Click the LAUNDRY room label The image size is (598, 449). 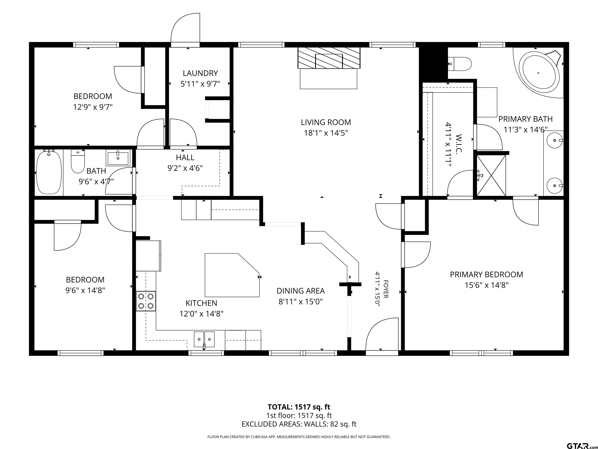pos(200,73)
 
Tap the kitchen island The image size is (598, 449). pos(232,275)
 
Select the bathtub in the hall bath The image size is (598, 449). pos(49,172)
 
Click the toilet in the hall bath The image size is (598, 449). pos(78,162)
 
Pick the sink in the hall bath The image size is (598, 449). pos(118,157)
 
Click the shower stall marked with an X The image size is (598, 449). pos(491,175)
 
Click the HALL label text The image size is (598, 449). pos(185,157)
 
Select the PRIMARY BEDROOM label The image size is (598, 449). pos(486,274)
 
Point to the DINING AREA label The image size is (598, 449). pos(301,291)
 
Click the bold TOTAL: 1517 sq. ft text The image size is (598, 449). pos(299,407)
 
